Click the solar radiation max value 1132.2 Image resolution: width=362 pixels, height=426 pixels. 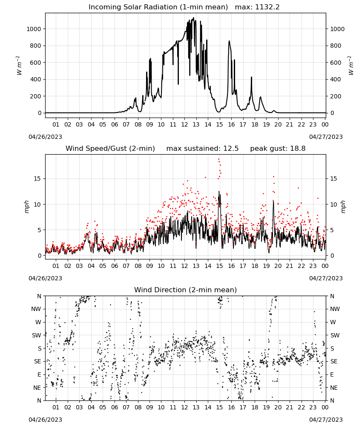(x=267, y=7)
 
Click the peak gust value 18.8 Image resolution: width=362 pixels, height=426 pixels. (x=298, y=148)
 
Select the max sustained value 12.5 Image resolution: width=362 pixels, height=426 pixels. (x=231, y=148)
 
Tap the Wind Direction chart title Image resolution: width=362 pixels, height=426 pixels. (x=186, y=290)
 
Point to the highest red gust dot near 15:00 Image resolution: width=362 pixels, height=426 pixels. (x=218, y=159)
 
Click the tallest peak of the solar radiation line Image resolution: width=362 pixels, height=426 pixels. (x=194, y=18)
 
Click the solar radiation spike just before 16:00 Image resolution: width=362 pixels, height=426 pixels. (x=229, y=41)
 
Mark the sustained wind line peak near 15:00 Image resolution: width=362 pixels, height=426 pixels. (x=219, y=192)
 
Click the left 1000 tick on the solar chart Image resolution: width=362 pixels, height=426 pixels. (x=34, y=29)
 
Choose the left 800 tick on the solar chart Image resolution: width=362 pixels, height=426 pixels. (x=36, y=46)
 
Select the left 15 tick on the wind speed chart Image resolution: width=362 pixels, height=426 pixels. (x=37, y=178)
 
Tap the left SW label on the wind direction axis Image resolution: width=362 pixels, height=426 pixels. (x=37, y=335)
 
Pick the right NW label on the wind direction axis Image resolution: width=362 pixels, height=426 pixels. (x=335, y=309)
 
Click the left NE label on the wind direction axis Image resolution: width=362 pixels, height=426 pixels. (x=37, y=388)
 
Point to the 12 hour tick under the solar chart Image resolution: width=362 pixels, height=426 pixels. (x=184, y=124)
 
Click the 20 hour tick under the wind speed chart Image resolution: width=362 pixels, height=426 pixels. (x=278, y=266)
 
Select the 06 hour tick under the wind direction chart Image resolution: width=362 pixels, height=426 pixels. (x=115, y=407)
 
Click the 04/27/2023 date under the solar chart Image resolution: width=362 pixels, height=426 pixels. (x=326, y=137)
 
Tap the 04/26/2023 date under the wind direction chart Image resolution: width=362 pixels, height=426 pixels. (x=45, y=420)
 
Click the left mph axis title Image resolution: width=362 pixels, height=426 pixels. (x=26, y=207)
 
